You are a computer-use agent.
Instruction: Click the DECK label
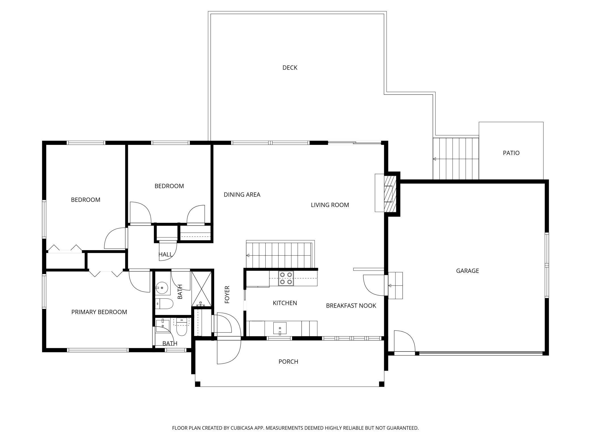290,68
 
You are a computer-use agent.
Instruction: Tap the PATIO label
511,153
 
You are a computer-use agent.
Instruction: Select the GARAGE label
467,271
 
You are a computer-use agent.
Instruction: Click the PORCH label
288,362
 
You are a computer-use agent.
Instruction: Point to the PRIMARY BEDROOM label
99,312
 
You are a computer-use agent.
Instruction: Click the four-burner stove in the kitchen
286,278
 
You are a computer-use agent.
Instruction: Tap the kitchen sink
280,328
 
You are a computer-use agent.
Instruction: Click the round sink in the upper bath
162,288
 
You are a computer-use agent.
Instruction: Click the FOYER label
227,294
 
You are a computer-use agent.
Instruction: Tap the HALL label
165,254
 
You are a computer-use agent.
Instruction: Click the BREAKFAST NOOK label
351,306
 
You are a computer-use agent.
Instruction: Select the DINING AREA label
242,195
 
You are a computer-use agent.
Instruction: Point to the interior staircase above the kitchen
280,255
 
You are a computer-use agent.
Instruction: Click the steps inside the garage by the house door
395,285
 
